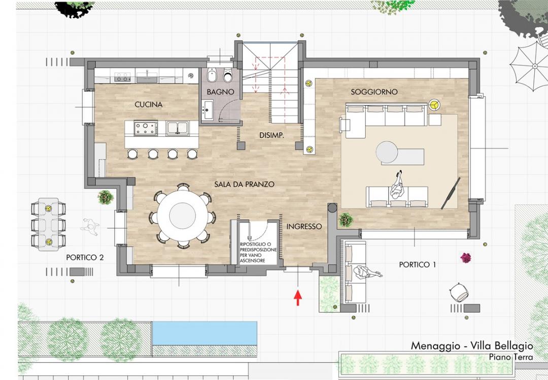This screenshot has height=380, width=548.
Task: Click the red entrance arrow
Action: coord(298,297)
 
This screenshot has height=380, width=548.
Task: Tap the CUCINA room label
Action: coord(149,105)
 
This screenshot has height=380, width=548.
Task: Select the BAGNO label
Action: coord(220,92)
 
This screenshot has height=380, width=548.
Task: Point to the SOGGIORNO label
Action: coord(374,92)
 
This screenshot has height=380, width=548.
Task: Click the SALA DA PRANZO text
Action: coord(244,184)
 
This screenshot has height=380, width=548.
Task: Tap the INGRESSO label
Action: coord(304,226)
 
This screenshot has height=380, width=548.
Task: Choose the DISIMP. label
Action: coord(271,135)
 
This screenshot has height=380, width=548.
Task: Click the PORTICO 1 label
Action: coord(417,265)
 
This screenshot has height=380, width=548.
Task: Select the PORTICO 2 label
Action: coord(85,257)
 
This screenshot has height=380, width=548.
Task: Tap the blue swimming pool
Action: coord(205,333)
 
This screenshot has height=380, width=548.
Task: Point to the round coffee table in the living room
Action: coord(387,152)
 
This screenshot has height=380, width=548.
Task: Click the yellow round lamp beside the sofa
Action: coord(434,105)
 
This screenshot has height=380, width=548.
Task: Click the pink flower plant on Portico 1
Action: coord(465,258)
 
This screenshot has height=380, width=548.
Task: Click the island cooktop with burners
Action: coord(146,128)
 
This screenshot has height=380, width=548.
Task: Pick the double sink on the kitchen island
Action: coord(178,128)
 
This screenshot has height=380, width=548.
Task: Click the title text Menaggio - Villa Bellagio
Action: coord(472,346)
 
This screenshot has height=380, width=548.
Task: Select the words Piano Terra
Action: coord(510,357)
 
